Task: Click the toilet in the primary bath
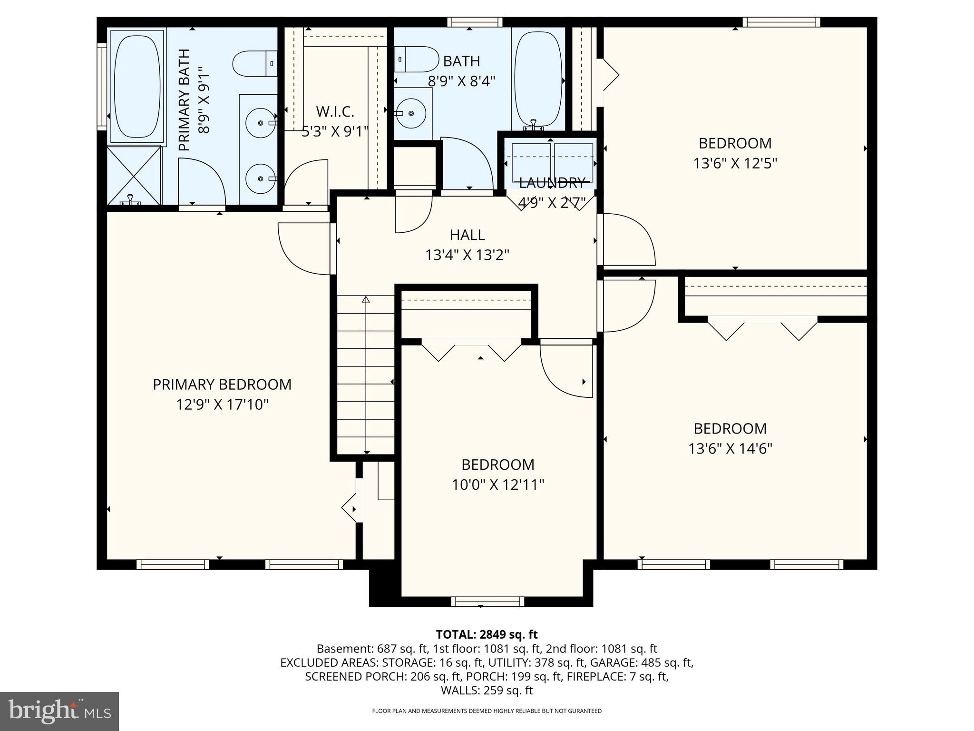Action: tap(254, 63)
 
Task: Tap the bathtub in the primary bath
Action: tap(137, 86)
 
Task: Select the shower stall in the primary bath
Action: tap(134, 176)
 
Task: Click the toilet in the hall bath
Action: tap(416, 59)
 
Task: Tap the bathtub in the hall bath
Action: tap(538, 79)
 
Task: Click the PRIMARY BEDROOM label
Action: tap(222, 385)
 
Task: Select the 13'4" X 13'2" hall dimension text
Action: tap(467, 256)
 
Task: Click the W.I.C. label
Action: tap(335, 112)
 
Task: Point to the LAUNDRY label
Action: tap(552, 183)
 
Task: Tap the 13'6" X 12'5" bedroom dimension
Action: tap(735, 164)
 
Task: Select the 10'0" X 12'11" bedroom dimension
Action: tap(498, 485)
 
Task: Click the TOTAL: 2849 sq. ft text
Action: tap(487, 634)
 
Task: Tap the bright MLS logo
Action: tap(59, 711)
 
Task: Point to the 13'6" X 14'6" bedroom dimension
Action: tap(730, 449)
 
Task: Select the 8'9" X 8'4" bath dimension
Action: tap(461, 81)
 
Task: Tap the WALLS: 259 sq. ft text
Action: tap(487, 691)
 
